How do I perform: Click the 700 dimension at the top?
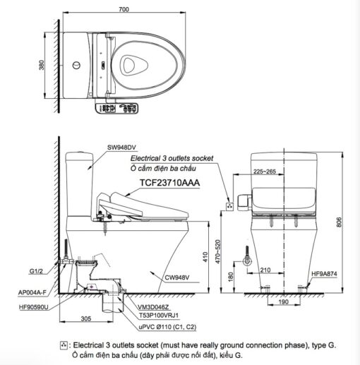tap(124, 9)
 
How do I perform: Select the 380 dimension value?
tap(42, 65)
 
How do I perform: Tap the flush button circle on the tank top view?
tap(76, 65)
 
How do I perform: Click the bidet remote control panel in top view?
tap(117, 108)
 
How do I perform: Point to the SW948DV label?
tap(121, 148)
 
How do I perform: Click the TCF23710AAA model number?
tap(169, 183)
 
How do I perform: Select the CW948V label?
tap(177, 277)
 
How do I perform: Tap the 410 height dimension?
tap(205, 257)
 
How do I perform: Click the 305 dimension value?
tap(86, 318)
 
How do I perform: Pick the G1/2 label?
tap(36, 271)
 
